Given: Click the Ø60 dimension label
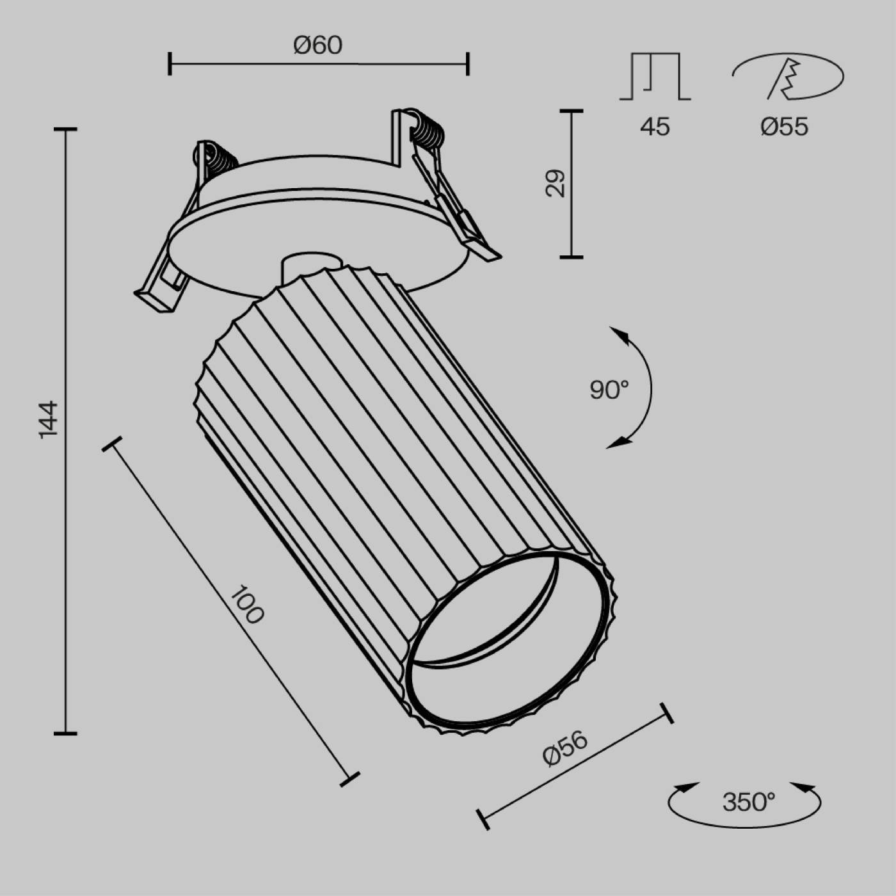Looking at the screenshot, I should click(x=318, y=45).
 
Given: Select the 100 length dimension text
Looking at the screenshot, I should click(x=246, y=605).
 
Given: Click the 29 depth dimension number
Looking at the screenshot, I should click(x=556, y=183).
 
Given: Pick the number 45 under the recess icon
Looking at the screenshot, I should click(x=654, y=127).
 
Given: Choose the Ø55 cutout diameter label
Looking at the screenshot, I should click(x=784, y=127).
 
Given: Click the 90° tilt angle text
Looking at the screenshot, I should click(x=609, y=389).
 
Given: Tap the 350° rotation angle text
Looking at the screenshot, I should click(x=748, y=801).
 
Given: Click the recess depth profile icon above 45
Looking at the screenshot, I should click(x=655, y=76).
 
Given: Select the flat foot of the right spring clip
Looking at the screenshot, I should click(x=484, y=249).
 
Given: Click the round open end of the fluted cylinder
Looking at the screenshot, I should click(x=506, y=646).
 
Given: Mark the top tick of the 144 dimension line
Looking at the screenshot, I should click(x=65, y=130).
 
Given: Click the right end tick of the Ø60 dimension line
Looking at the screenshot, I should click(x=468, y=64).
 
